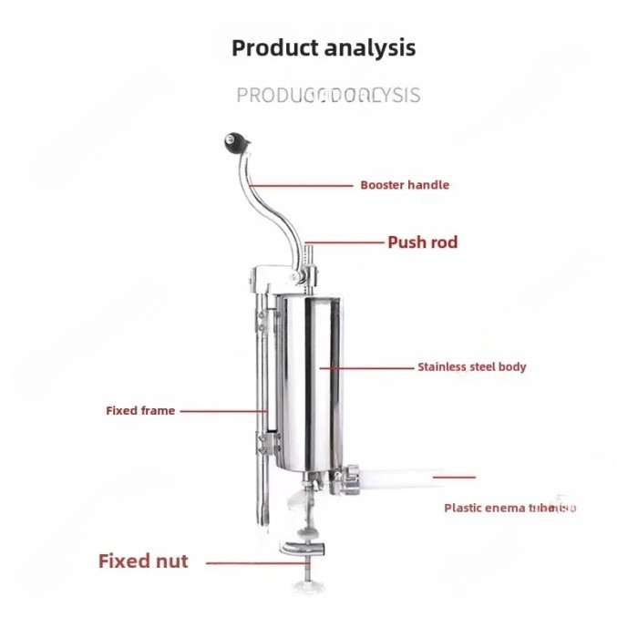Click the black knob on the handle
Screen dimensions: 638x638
pyautogui.click(x=226, y=141)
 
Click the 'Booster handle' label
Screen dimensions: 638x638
pyautogui.click(x=405, y=185)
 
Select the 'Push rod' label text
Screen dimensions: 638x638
pyautogui.click(x=423, y=242)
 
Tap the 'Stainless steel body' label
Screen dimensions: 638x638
pyautogui.click(x=472, y=367)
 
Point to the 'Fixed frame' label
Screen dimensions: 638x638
pyautogui.click(x=140, y=411)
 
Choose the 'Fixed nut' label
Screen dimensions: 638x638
pyautogui.click(x=143, y=561)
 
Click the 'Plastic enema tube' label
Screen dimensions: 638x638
pyautogui.click(x=509, y=508)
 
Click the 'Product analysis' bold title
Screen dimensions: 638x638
pyautogui.click(x=324, y=47)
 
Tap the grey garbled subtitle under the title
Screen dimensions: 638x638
pyautogui.click(x=328, y=95)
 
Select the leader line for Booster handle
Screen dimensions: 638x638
pyautogui.click(x=304, y=185)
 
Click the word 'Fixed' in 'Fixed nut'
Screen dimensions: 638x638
pyautogui.click(x=124, y=561)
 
